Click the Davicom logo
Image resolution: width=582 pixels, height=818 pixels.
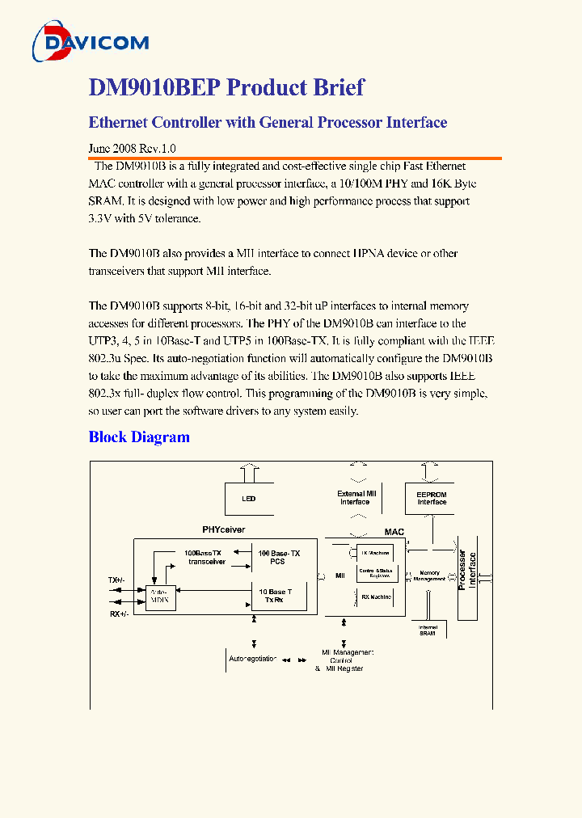(90, 41)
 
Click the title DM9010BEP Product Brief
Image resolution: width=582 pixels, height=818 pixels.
(226, 87)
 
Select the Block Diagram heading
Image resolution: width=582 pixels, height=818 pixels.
(139, 437)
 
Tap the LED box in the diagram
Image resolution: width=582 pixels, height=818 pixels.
(249, 499)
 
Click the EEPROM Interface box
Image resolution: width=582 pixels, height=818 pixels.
(432, 498)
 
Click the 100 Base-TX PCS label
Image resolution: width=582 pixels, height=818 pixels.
(279, 557)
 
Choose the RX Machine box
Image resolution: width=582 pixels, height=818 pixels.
(376, 597)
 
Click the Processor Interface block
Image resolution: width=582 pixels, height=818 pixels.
(468, 571)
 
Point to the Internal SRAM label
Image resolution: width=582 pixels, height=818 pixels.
(428, 630)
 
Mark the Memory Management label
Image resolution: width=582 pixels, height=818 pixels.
(429, 576)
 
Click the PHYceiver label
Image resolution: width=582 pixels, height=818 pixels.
(224, 529)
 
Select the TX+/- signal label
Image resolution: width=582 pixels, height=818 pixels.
(117, 580)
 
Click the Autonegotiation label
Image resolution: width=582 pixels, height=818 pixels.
(252, 659)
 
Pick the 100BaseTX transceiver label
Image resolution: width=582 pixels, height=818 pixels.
(207, 557)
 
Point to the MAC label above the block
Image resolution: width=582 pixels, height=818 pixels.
(394, 532)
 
